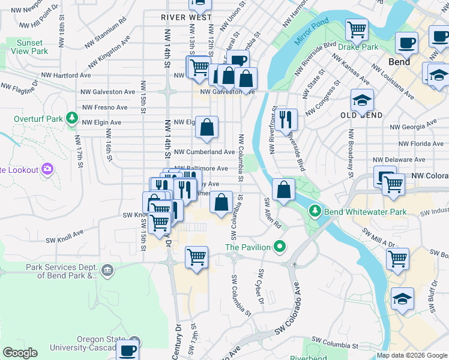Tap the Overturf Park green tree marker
tap(73, 117)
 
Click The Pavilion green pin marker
tap(279, 247)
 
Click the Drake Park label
tap(358, 47)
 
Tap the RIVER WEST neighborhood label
tap(187, 17)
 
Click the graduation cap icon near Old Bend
tap(362, 101)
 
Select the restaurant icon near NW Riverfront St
tap(285, 119)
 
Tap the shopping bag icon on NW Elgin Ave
tap(206, 127)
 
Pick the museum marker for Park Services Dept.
tap(107, 271)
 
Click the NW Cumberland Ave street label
tap(205, 152)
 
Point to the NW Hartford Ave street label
tap(66, 76)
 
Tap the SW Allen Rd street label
tap(273, 213)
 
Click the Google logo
tap(20, 353)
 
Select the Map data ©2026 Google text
tap(411, 355)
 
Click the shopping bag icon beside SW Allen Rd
tap(283, 190)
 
